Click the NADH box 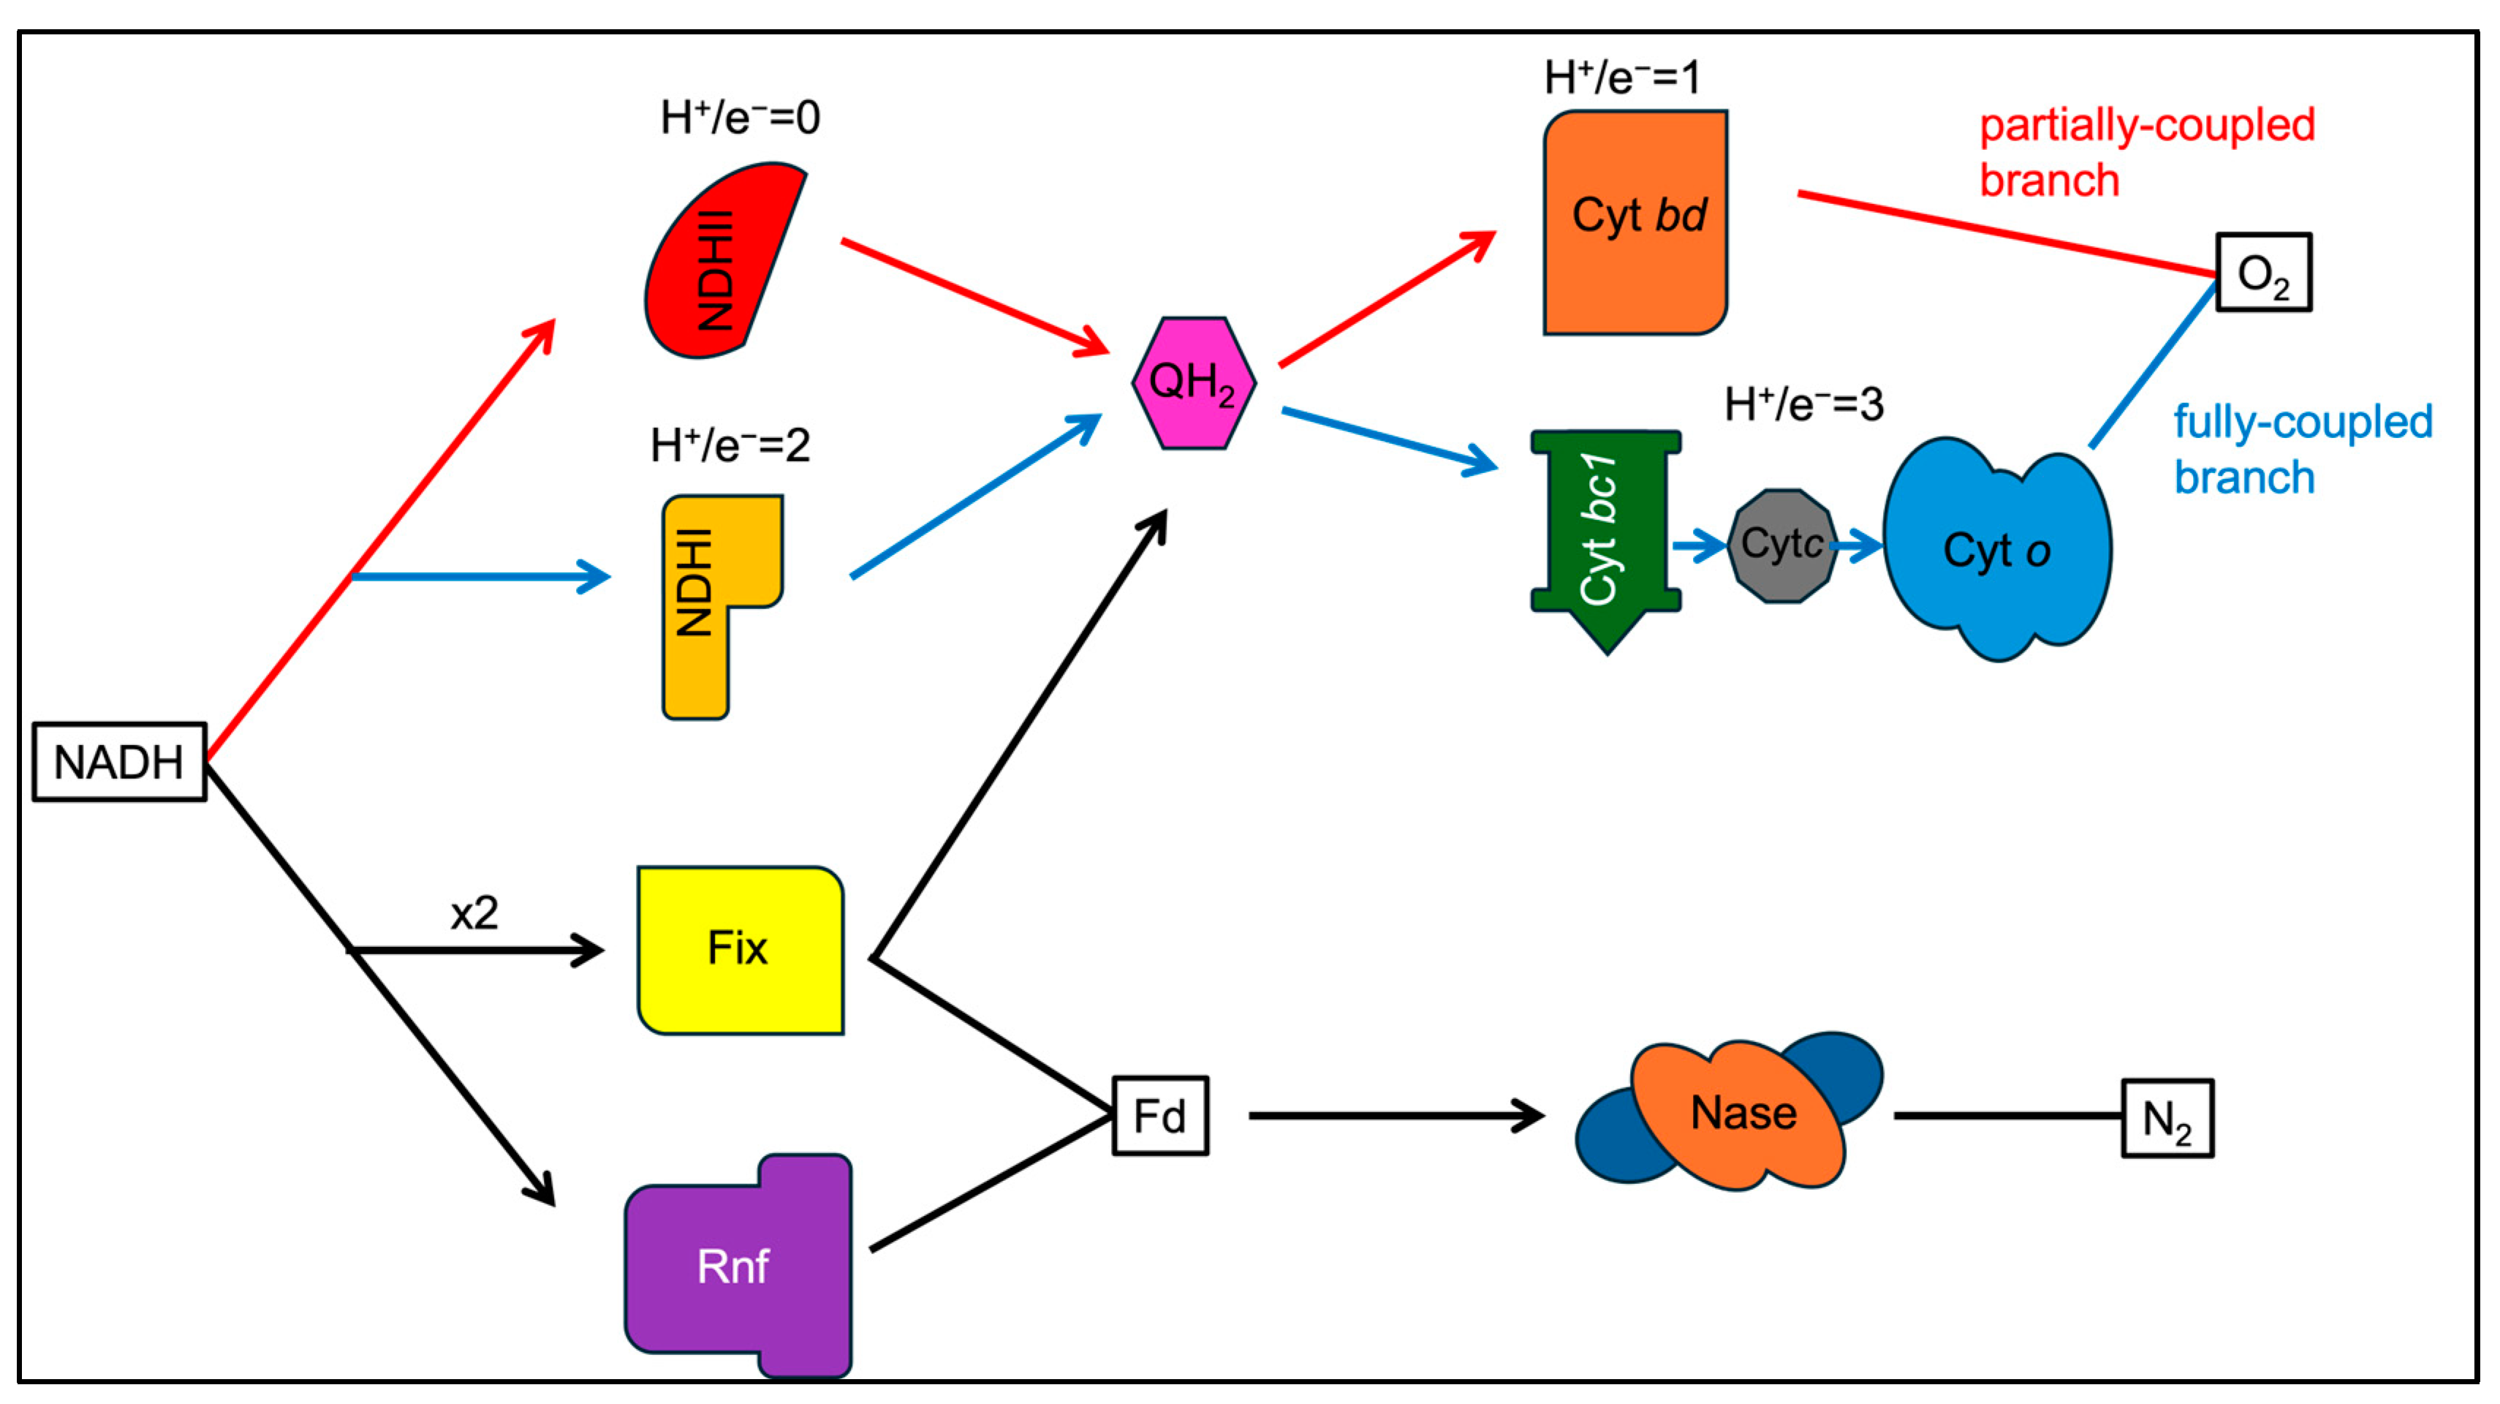119,762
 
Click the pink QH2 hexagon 1194,382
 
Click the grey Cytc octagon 1782,546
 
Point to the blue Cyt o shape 1996,550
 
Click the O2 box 2263,273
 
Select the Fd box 1160,1116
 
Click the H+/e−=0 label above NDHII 740,118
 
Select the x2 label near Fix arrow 474,913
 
